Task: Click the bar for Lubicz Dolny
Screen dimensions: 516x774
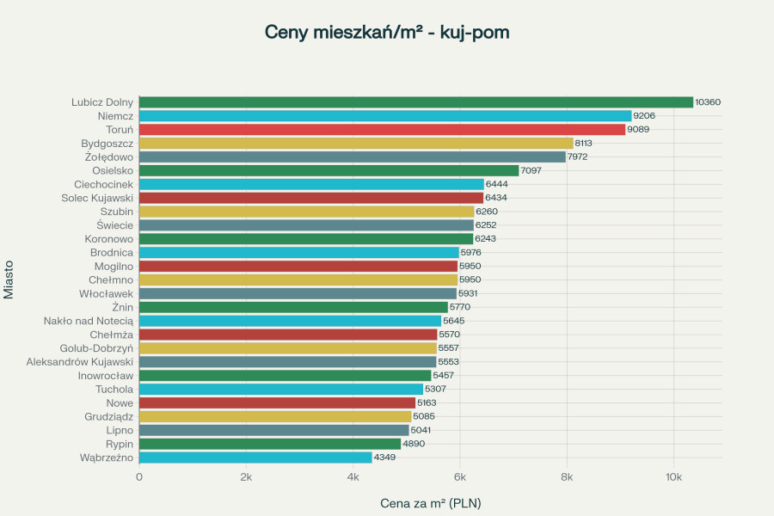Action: click(x=415, y=102)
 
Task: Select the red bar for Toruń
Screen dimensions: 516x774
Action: click(x=382, y=130)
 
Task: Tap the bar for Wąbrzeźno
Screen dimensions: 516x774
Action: click(x=255, y=458)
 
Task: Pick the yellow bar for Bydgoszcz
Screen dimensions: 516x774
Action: click(x=356, y=144)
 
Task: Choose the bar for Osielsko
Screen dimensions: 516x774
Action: click(x=329, y=170)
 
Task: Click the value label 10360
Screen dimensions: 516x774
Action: click(x=708, y=102)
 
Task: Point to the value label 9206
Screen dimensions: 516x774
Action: click(x=644, y=116)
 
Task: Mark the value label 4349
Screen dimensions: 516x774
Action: click(x=384, y=458)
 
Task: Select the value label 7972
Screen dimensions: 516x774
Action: click(x=578, y=157)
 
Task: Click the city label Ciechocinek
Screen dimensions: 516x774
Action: click(x=103, y=184)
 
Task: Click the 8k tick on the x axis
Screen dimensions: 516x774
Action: click(x=567, y=476)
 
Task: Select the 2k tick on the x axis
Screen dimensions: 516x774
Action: click(x=246, y=476)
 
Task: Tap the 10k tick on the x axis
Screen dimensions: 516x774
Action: click(x=673, y=476)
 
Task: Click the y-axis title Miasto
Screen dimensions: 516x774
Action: click(x=9, y=279)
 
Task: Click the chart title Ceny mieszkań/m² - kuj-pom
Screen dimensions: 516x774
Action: click(x=387, y=33)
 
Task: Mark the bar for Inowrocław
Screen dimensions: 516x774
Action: click(x=285, y=376)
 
